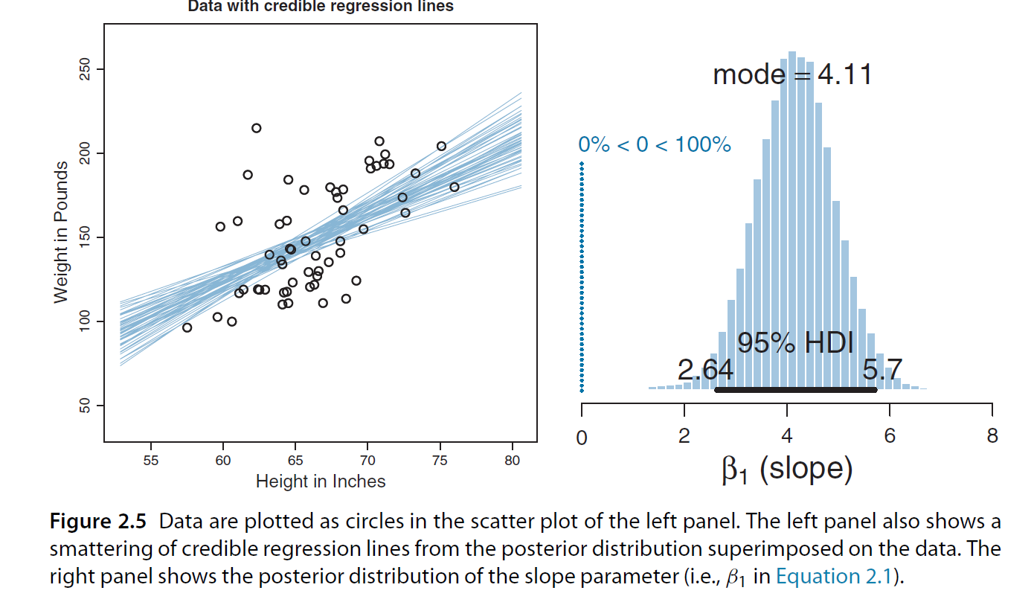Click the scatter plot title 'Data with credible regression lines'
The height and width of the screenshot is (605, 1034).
pos(320,7)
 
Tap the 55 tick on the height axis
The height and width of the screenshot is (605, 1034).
pos(151,461)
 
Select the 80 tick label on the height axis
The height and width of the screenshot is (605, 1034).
pos(512,461)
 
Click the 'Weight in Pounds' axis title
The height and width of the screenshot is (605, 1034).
pos(61,232)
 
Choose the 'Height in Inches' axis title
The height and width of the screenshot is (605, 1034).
pos(321,481)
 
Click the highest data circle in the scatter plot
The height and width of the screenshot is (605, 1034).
pos(256,128)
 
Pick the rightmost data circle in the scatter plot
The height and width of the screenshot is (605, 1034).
pos(454,187)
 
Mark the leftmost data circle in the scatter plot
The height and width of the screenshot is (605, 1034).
pos(187,327)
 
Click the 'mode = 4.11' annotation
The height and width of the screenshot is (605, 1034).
pos(791,74)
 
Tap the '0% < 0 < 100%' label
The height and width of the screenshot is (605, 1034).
pos(655,144)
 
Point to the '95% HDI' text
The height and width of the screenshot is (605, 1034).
pos(795,343)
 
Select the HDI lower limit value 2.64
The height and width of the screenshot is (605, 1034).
pos(705,369)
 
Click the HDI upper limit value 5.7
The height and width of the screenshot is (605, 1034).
pos(882,369)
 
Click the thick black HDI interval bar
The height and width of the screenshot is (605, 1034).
pos(795,389)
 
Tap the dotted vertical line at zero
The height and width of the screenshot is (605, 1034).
pos(582,275)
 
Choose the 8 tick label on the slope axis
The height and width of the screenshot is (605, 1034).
pos(992,436)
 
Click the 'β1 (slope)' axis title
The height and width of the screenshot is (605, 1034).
pos(786,469)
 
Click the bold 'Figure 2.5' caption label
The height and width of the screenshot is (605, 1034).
pos(98,522)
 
